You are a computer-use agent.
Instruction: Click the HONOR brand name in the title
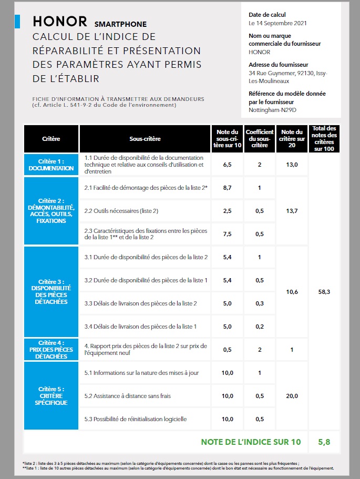point(59,21)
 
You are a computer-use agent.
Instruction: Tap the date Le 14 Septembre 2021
point(277,23)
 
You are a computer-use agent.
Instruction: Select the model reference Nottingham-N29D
point(272,110)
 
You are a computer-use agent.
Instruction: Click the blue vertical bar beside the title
point(18,21)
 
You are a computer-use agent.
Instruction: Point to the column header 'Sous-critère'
point(145,139)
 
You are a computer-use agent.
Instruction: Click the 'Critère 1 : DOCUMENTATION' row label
point(51,165)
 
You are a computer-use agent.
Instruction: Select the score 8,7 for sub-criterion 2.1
point(228,188)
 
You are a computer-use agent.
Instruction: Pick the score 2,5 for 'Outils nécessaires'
point(228,211)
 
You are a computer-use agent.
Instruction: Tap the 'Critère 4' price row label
point(51,349)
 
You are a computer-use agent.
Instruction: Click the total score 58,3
point(324,291)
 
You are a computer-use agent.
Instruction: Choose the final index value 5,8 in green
point(324,442)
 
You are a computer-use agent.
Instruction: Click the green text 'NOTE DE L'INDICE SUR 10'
point(251,442)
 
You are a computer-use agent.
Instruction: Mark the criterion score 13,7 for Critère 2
point(292,211)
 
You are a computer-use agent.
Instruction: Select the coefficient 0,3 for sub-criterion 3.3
point(260,303)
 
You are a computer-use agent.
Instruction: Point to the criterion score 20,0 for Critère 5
point(292,396)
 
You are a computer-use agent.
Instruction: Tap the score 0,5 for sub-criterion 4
point(228,350)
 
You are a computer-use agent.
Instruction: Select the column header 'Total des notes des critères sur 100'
point(324,139)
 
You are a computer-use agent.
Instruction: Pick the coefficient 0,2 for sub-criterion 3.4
point(260,327)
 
